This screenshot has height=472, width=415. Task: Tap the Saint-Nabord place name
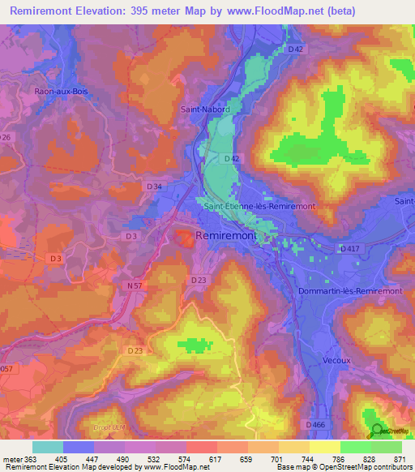coord(204,109)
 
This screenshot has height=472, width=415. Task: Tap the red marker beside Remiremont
coord(186,236)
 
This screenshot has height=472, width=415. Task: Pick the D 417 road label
coord(350,248)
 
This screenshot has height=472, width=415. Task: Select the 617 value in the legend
coord(216,458)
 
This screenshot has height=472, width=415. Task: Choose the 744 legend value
coord(309,458)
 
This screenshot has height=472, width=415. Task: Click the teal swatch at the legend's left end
coord(48,446)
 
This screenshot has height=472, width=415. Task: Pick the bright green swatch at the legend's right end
coord(387,446)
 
